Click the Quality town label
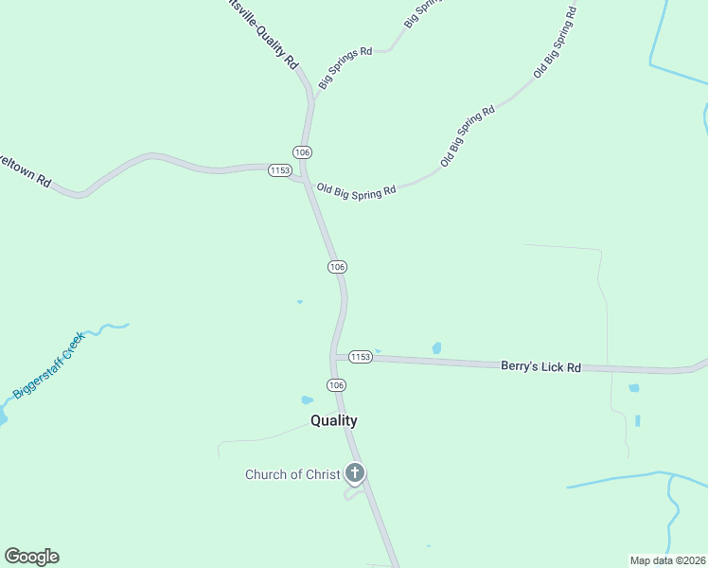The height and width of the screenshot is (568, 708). point(334,421)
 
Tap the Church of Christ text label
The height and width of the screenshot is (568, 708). point(292,474)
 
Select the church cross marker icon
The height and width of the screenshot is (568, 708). point(355,471)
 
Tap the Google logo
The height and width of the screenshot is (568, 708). point(31,556)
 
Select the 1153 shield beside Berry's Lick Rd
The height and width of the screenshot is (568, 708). point(360,357)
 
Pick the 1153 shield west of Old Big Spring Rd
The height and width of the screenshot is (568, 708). point(279,170)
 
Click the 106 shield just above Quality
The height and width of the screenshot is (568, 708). point(336,384)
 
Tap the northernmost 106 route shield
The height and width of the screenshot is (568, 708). point(302,152)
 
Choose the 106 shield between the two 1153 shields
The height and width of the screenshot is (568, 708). point(337,267)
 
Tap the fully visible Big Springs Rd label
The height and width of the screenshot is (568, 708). point(345,64)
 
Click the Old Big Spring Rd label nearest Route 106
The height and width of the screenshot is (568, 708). point(356,191)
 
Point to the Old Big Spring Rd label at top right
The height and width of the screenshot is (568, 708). point(555,43)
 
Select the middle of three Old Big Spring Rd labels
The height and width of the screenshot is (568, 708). point(468,137)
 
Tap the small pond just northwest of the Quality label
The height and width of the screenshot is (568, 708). point(307,400)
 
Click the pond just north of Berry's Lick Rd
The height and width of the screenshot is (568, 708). point(436,348)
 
